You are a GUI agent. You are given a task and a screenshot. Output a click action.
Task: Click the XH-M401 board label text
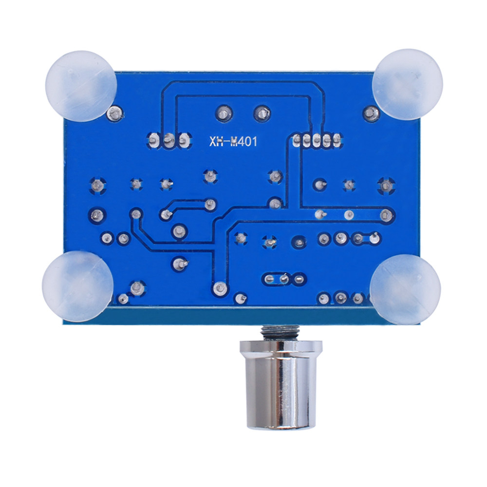(x=233, y=142)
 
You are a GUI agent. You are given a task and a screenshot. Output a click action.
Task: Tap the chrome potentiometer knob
(x=281, y=385)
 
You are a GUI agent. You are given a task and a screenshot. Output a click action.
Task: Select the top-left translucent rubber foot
(x=81, y=86)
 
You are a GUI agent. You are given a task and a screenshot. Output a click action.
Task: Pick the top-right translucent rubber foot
(x=407, y=84)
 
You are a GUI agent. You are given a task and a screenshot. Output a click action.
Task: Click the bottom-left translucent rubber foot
(x=77, y=286)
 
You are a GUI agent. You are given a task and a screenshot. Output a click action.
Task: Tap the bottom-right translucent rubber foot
(x=405, y=289)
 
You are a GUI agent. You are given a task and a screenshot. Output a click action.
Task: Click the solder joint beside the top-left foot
(x=115, y=113)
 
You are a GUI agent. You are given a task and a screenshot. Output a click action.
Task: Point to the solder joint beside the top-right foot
(x=371, y=113)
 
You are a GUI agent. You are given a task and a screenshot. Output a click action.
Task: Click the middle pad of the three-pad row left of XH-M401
(x=169, y=141)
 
